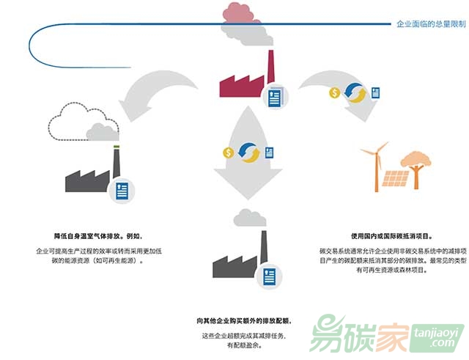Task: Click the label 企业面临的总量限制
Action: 431,24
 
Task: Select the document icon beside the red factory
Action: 276,96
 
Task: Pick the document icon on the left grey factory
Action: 121,191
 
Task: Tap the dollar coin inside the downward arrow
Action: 228,153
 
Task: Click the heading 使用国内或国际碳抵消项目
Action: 391,236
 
